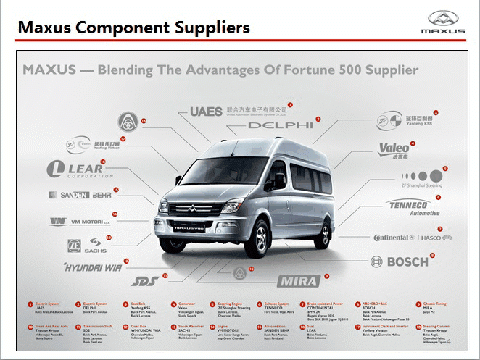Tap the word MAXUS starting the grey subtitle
pyautogui.click(x=50, y=71)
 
